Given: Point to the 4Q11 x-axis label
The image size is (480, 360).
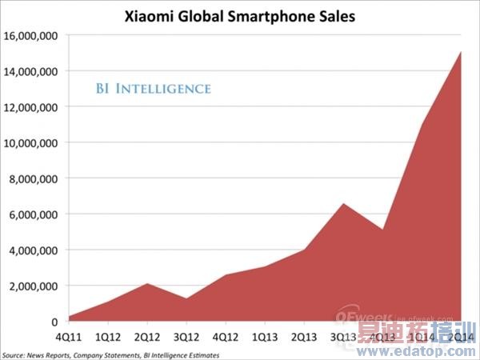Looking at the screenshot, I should coord(69,337).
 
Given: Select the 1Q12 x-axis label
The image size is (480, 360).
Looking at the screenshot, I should coord(108,337).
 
